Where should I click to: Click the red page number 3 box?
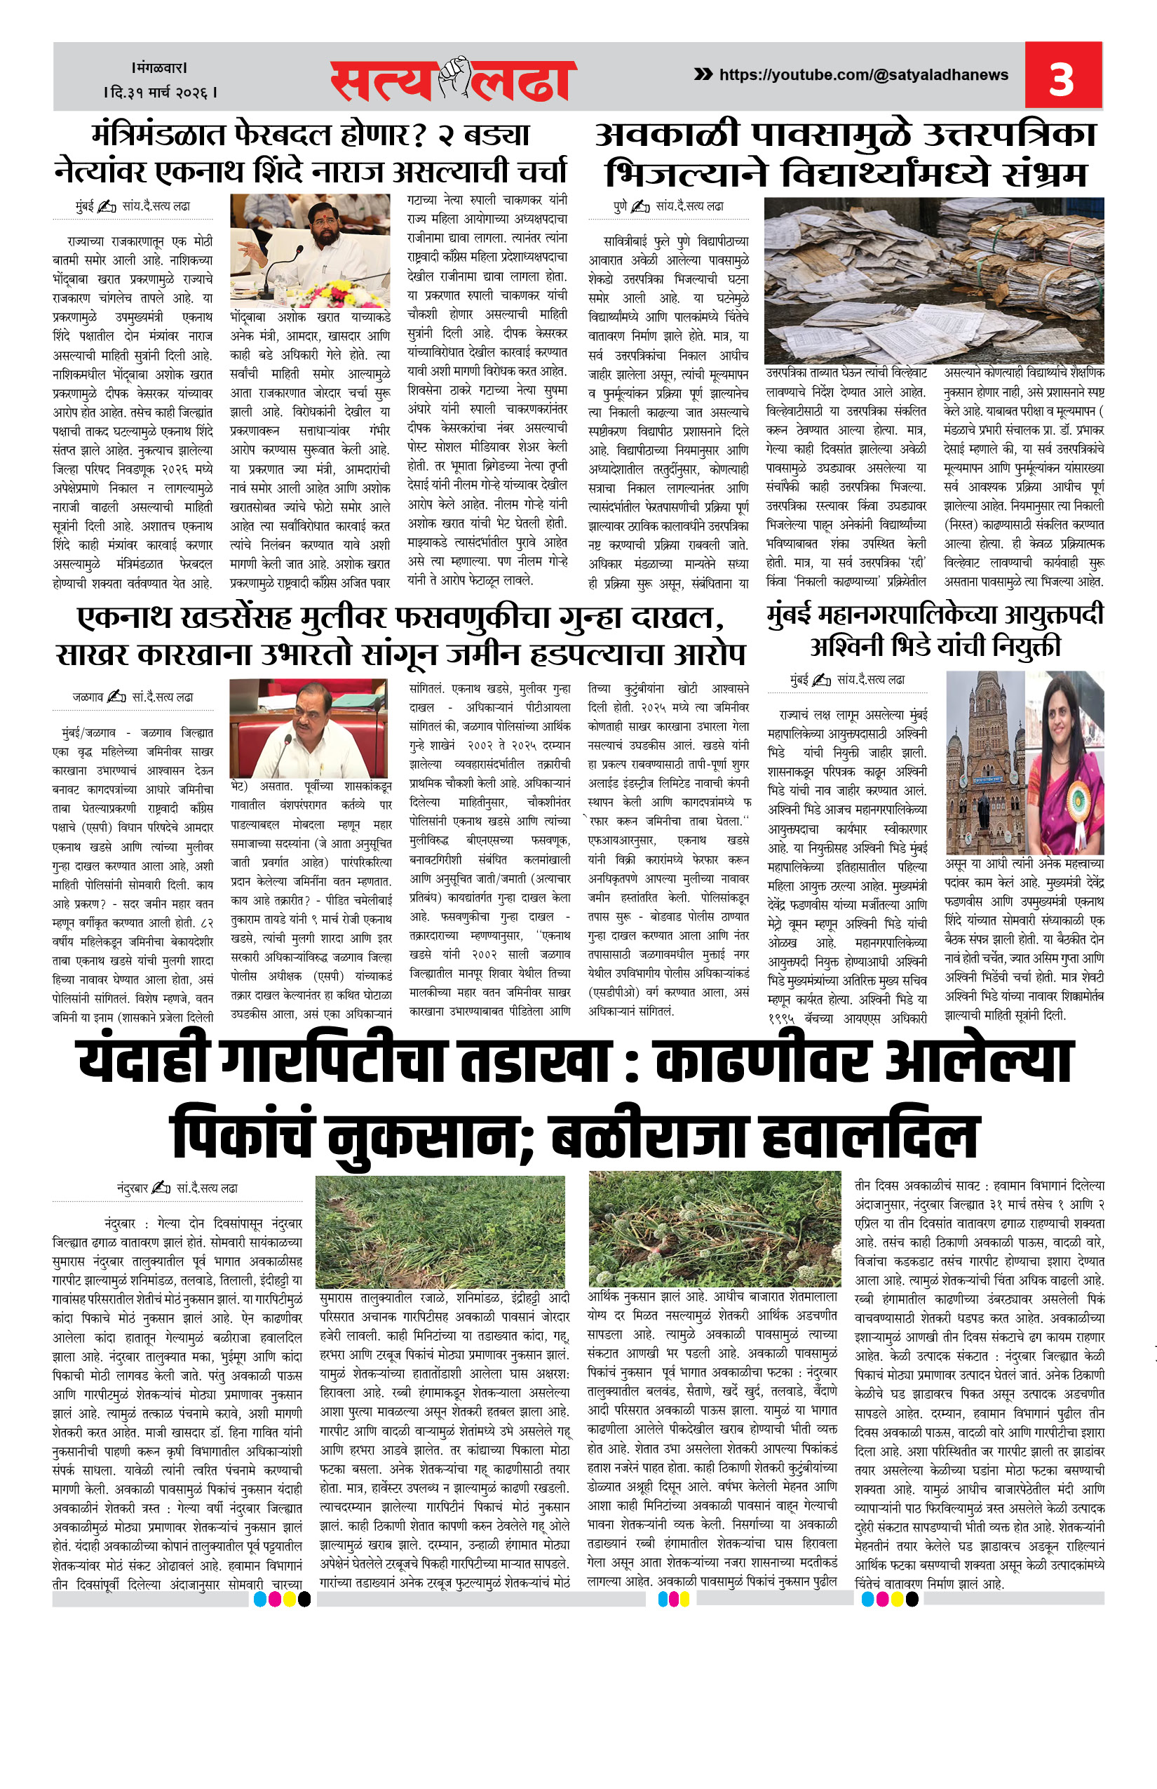point(1062,76)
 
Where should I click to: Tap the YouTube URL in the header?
point(863,74)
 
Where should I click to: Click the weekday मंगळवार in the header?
point(159,67)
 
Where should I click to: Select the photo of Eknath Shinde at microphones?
point(310,250)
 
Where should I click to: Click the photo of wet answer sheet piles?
point(933,280)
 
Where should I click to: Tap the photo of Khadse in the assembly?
point(309,728)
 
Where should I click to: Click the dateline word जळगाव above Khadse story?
point(88,697)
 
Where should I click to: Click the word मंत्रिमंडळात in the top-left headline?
point(158,136)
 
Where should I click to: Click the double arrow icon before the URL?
point(703,74)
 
